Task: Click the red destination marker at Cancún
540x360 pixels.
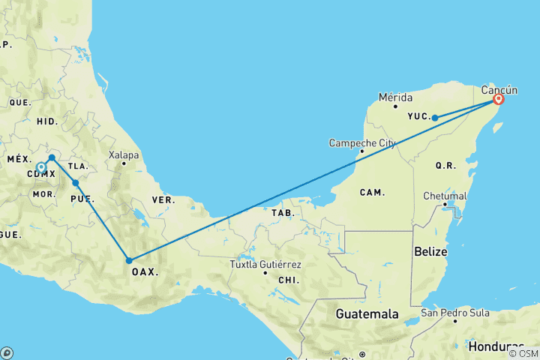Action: click(x=498, y=99)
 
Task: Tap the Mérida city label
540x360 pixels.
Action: click(x=396, y=97)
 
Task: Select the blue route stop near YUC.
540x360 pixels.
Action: click(x=435, y=118)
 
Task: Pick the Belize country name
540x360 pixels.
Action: click(x=430, y=253)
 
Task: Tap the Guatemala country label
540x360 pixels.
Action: click(x=367, y=313)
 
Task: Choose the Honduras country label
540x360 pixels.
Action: click(x=496, y=346)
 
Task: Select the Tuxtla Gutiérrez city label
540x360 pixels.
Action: click(x=266, y=265)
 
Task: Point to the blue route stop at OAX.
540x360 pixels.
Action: click(x=130, y=261)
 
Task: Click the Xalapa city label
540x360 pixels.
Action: click(x=124, y=155)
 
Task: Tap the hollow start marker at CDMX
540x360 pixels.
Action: click(x=41, y=168)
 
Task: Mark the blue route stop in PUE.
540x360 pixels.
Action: click(x=76, y=183)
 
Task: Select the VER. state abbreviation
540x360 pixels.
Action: click(x=163, y=200)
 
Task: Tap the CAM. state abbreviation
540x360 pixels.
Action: click(x=371, y=193)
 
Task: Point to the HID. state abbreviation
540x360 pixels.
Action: click(x=46, y=121)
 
